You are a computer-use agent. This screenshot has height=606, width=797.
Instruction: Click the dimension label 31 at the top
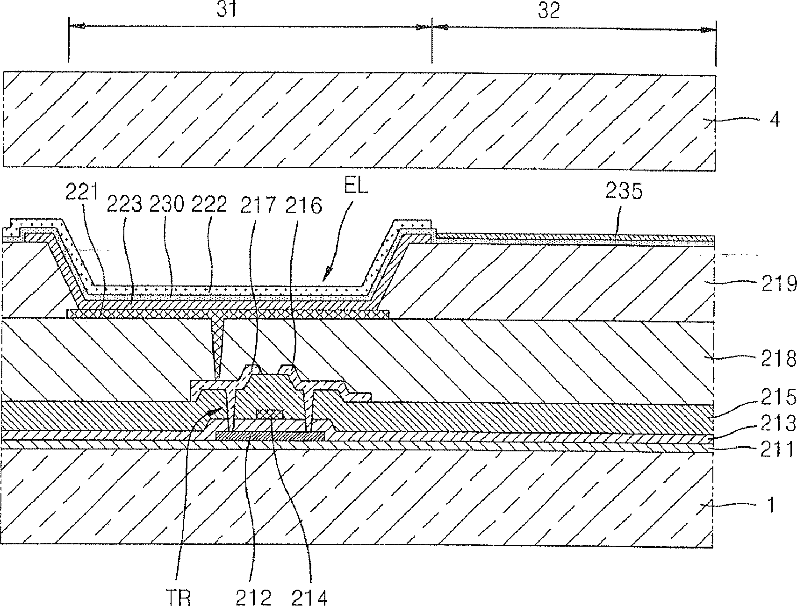228,10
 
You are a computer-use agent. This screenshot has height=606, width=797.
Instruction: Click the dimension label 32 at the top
549,10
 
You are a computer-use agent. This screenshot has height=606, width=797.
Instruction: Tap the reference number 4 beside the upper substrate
774,120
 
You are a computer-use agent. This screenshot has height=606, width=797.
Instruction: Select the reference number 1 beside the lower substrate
772,505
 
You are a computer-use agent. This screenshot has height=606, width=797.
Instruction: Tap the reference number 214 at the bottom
309,597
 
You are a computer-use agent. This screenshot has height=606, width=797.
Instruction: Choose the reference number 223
125,205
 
